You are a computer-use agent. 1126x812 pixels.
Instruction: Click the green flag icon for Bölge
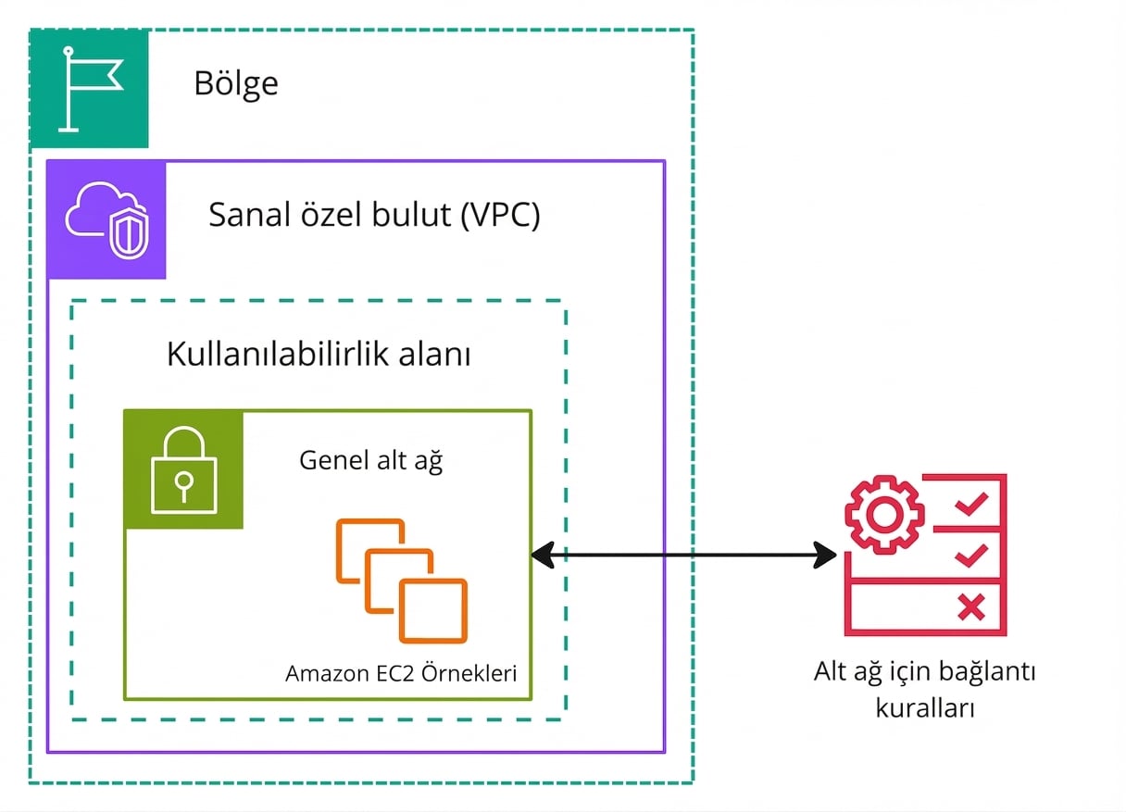90,89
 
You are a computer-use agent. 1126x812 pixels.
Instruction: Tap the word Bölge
236,84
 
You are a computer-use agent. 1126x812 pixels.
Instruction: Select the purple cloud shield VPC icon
106,220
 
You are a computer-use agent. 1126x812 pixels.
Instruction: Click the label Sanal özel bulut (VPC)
374,216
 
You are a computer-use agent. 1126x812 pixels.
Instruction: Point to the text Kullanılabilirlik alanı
319,355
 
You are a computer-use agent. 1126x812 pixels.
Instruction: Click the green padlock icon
184,469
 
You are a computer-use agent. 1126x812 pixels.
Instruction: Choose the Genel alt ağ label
370,460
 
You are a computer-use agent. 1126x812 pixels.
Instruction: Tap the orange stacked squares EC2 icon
402,581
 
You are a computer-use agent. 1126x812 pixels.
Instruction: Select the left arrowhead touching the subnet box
543,556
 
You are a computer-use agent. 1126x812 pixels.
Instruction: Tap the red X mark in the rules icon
970,607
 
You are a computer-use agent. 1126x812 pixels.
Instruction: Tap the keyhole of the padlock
184,481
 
